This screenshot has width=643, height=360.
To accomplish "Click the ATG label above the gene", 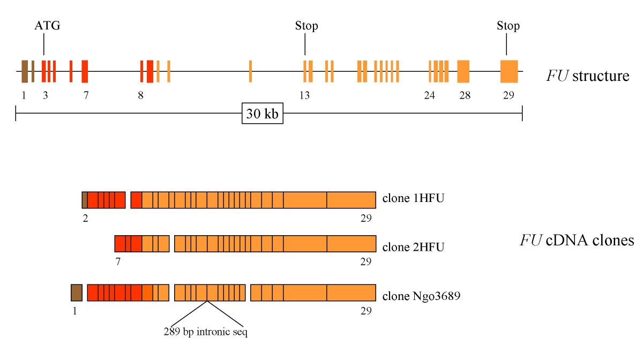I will pos(48,26).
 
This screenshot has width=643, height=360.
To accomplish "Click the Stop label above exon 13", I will pos(306,26).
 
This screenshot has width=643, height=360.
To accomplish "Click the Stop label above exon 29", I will pos(508,26).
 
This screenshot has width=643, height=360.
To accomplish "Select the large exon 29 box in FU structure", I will pos(509,72).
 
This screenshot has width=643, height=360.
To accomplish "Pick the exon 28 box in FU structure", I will pos(463,72).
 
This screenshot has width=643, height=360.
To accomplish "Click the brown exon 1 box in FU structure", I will pos(25,72).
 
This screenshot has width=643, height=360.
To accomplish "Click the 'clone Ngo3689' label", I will pos(421,295).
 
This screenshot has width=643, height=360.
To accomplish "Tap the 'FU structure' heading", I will pos(587,76).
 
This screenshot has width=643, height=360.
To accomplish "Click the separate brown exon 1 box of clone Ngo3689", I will pos(77,292).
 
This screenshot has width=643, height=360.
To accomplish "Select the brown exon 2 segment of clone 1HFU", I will pos(84,200).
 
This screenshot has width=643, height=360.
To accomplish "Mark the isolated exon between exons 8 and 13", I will pos(250,72).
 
